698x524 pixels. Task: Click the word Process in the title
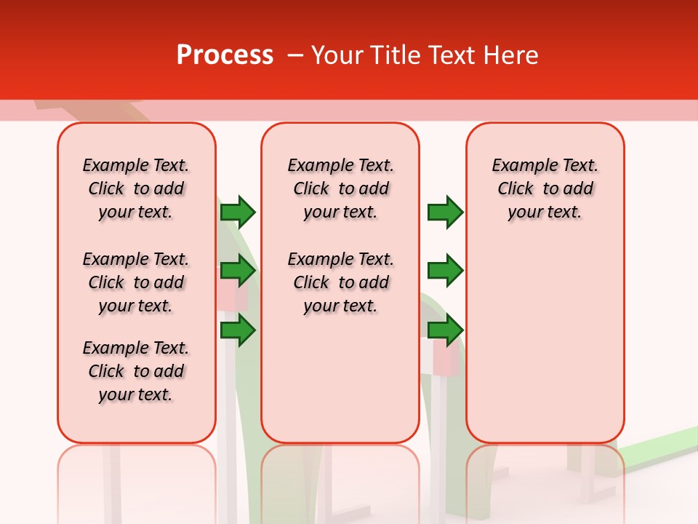(x=225, y=55)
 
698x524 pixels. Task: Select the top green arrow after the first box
(x=237, y=212)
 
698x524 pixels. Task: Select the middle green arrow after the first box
(x=237, y=271)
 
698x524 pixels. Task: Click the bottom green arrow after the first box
(x=237, y=330)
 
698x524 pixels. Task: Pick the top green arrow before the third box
(x=445, y=212)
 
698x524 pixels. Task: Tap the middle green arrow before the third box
(x=445, y=271)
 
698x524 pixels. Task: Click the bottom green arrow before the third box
(x=445, y=330)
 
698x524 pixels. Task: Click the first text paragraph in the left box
(x=136, y=188)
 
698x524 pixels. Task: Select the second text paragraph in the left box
(x=136, y=282)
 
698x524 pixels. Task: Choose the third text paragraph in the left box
(x=136, y=371)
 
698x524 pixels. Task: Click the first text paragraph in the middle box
(x=340, y=188)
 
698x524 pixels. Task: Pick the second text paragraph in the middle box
(x=340, y=282)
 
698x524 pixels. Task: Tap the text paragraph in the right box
(x=545, y=188)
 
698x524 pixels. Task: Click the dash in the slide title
(x=295, y=55)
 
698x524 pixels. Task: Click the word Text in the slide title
(x=449, y=55)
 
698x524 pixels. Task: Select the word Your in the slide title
(x=339, y=55)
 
